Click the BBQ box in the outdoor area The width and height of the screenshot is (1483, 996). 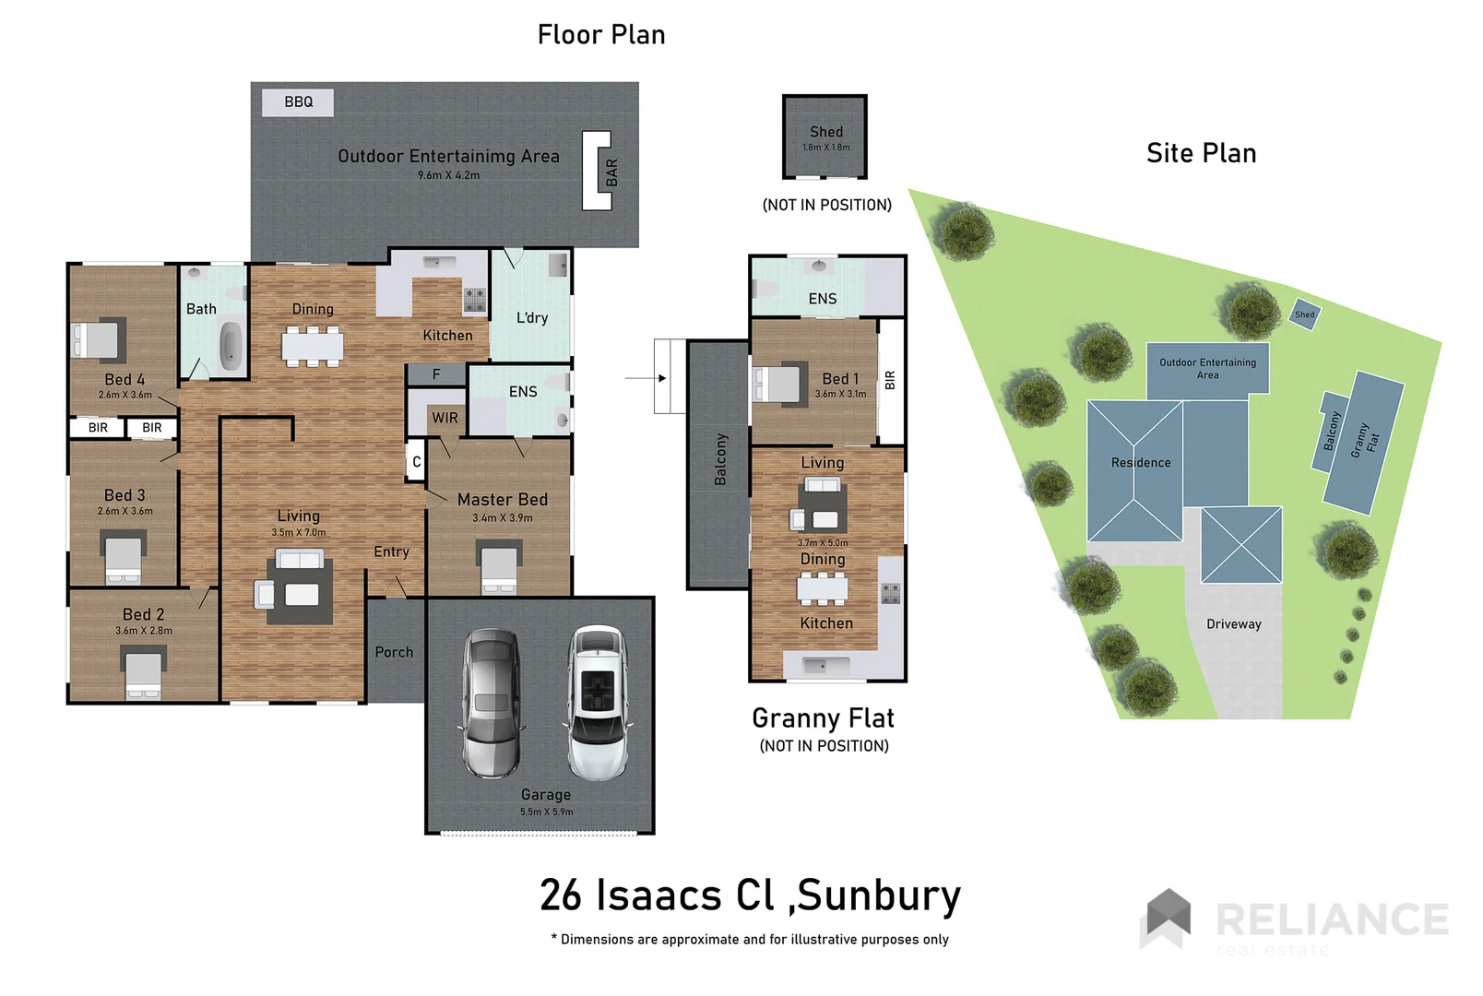coord(297,102)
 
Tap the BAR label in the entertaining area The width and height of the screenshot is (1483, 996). coord(611,172)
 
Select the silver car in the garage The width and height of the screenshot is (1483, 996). coord(492,703)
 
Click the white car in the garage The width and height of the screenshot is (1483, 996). coord(598,703)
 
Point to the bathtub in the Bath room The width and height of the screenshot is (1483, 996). coord(231,347)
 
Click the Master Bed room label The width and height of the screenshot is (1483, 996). coord(502,500)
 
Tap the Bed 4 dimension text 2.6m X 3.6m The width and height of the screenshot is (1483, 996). coord(125,395)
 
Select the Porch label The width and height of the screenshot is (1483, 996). coord(394,652)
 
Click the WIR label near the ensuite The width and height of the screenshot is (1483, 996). coord(445,418)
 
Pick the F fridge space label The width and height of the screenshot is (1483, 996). coord(436,374)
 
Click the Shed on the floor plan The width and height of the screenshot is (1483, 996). coord(825,136)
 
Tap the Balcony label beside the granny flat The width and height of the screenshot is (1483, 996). coord(720,459)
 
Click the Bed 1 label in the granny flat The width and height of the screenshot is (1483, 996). coord(840,379)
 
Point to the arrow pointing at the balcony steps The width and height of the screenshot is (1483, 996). coord(646,378)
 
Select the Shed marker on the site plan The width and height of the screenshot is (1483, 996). coord(1304,314)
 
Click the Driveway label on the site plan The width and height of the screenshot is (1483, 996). coord(1233,624)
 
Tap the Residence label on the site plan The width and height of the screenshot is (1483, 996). coord(1141,463)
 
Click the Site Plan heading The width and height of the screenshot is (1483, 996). coord(1201,153)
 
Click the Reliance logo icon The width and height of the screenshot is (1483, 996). coord(1168,917)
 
